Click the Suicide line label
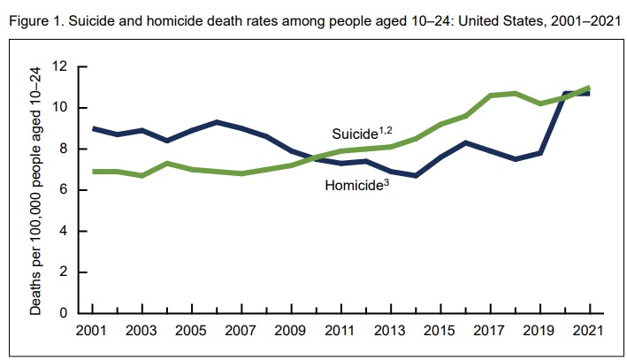(356, 134)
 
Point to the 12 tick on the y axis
(61, 66)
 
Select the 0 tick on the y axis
(65, 313)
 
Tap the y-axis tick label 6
(65, 190)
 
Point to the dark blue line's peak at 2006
(218, 122)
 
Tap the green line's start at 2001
(94, 172)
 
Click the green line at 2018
(515, 93)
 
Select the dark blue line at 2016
(465, 142)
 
